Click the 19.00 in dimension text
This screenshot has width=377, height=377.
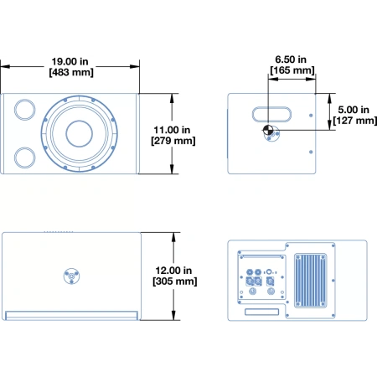coord(70,61)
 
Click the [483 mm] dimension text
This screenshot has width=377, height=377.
coord(71,72)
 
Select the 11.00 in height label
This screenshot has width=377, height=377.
coord(172,130)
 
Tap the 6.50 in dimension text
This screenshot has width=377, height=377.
coord(291,59)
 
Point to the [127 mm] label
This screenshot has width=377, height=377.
coord(354,121)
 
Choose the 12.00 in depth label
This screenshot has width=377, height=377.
coord(173,271)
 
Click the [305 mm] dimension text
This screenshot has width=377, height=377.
coord(175,281)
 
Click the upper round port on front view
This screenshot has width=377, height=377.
coord(25,110)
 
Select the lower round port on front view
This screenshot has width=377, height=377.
coord(25,158)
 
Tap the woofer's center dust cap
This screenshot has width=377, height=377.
coord(80,134)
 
